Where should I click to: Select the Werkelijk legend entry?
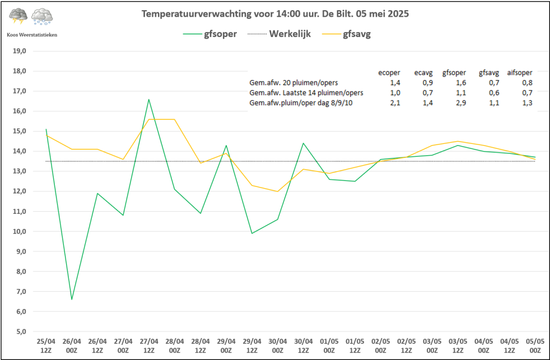[x=290, y=34]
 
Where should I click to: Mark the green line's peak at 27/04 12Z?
[x=149, y=99]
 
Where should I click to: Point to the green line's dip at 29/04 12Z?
[x=252, y=233]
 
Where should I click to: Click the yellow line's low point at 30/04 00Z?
[x=278, y=191]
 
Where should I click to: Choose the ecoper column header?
[x=389, y=72]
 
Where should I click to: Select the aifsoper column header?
[x=519, y=72]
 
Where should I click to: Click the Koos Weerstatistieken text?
[x=32, y=34]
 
